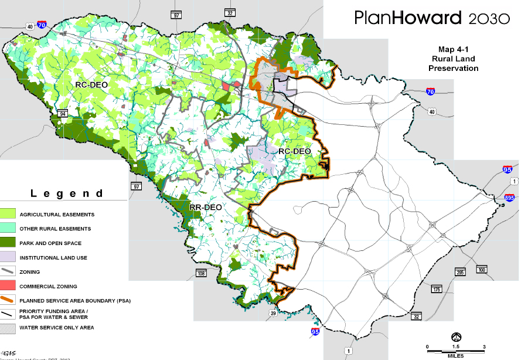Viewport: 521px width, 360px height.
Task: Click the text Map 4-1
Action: click(453, 50)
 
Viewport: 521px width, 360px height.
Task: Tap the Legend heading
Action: click(67, 193)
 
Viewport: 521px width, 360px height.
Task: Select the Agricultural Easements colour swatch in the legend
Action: click(8, 214)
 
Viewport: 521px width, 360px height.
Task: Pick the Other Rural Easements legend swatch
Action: click(8, 228)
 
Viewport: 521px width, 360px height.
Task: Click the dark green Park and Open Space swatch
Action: click(8, 242)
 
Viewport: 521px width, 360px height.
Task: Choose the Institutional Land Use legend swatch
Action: click(8, 257)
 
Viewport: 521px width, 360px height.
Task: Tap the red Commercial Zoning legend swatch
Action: click(8, 286)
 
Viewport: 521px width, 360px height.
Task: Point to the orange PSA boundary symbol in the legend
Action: click(8, 300)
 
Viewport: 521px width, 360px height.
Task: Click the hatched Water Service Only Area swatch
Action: click(8, 328)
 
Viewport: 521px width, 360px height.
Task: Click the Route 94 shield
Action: click(63, 113)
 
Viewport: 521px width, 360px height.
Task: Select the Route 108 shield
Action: click(201, 273)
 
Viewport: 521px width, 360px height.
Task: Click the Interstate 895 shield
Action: click(509, 199)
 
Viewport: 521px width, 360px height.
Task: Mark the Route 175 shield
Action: click(436, 290)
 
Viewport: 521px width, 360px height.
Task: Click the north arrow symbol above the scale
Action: click(455, 337)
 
